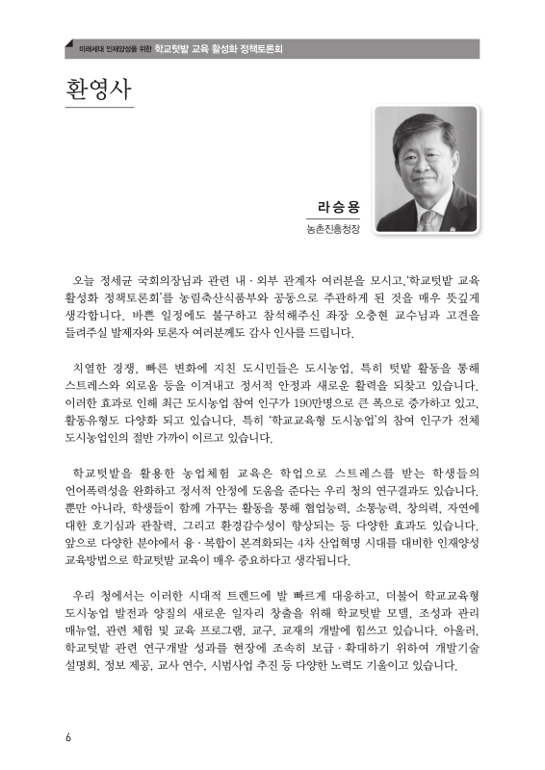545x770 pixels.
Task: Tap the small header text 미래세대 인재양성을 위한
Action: (103, 47)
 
